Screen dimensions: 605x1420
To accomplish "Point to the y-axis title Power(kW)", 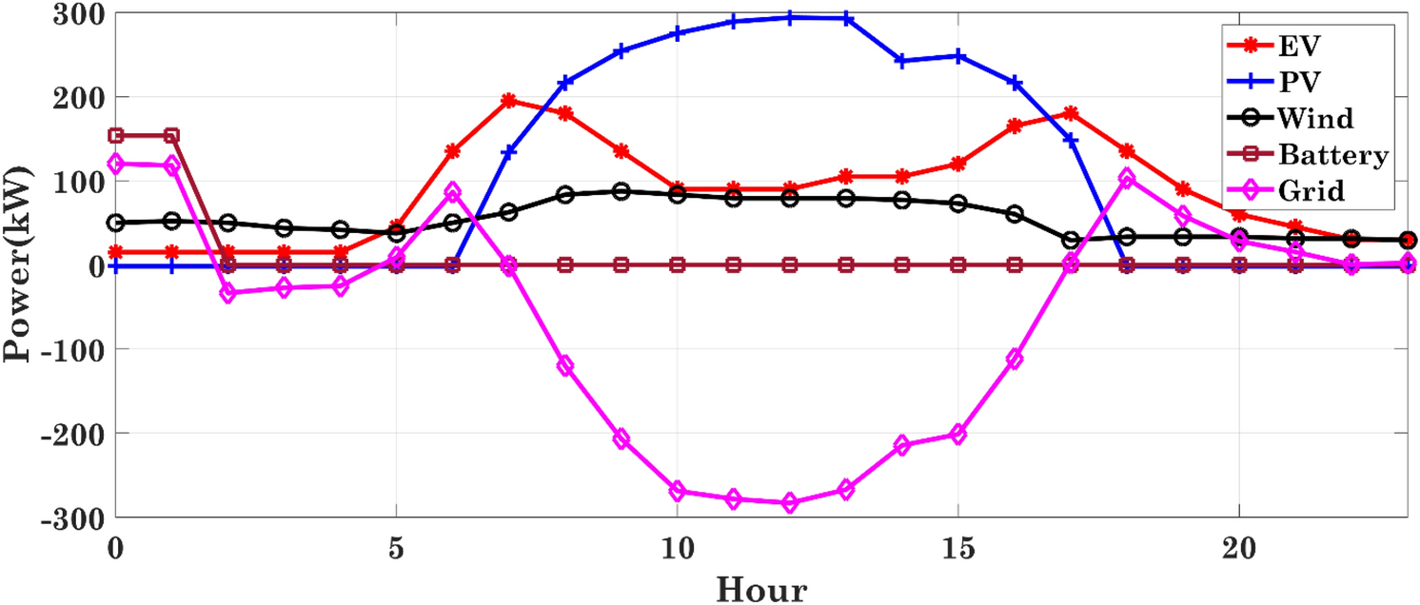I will (x=19, y=264).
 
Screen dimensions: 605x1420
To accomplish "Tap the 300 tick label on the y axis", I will (x=83, y=15).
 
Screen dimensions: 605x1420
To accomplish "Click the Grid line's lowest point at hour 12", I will (x=790, y=503).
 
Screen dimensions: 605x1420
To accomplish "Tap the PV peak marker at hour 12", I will (x=790, y=17).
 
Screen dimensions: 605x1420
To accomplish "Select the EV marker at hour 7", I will (x=509, y=101).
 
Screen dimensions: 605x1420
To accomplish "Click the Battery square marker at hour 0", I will (x=116, y=136).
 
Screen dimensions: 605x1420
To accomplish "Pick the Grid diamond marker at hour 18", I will (x=1127, y=179).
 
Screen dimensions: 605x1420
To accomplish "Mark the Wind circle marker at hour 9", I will (x=621, y=191).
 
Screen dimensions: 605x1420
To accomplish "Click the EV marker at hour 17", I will (x=1071, y=113).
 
